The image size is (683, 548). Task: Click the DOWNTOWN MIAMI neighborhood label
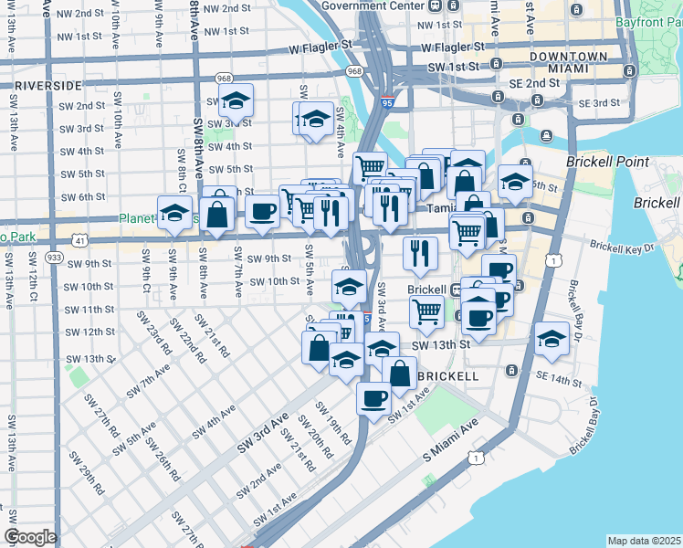567,63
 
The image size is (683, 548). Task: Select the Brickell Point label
607,162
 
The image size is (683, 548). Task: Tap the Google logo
30,537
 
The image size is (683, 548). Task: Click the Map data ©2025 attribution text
644,541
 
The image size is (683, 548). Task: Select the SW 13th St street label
440,345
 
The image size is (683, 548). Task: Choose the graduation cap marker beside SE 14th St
552,338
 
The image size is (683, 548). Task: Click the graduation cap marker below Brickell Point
515,180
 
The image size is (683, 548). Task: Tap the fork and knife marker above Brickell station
420,252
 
